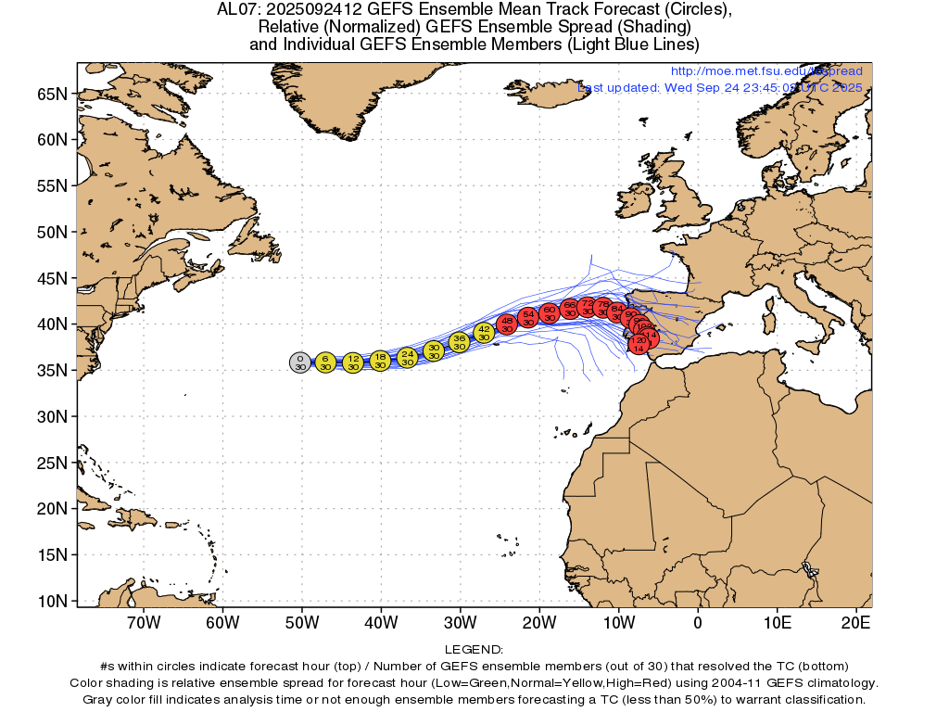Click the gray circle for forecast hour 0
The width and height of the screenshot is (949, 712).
pos(299,362)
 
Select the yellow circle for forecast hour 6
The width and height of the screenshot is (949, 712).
pos(325,362)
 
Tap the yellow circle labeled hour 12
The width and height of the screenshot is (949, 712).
pos(353,362)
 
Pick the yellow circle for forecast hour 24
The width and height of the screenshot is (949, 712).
pos(408,358)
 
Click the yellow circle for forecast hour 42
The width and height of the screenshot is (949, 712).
pos(484,333)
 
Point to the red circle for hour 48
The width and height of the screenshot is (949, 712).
pos(507,324)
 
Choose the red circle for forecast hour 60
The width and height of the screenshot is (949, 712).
pos(549,312)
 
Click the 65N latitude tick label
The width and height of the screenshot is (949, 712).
pos(52,95)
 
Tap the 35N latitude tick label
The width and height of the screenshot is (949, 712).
pos(52,371)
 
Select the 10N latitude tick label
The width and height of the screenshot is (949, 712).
pos(52,601)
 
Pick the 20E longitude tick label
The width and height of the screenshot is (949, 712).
pos(856,623)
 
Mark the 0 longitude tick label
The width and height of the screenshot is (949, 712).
pos(698,623)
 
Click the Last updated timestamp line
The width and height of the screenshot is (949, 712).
pos(719,87)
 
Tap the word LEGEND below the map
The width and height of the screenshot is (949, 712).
pos(474,650)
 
